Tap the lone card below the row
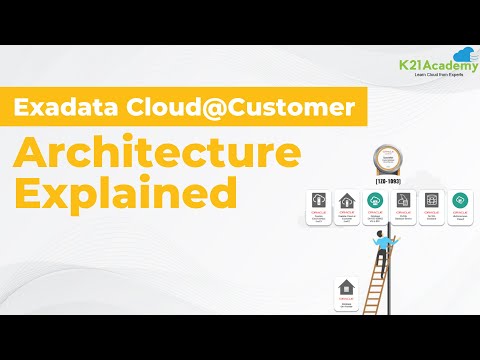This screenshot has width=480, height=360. click(346, 291)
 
